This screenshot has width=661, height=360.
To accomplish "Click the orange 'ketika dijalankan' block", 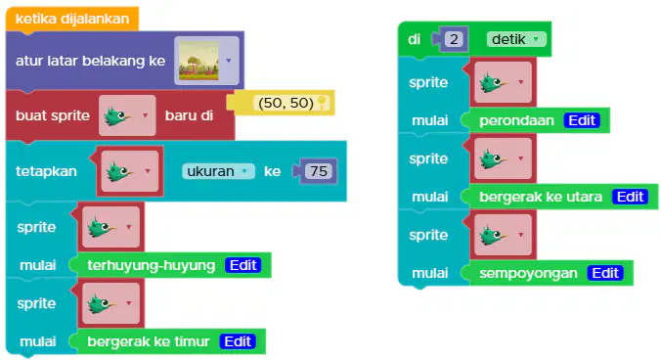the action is point(72,19).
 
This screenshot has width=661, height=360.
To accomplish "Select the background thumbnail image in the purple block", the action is point(198,61).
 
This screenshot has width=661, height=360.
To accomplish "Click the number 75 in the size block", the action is point(318,171).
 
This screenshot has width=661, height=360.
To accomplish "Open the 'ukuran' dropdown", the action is point(218,171).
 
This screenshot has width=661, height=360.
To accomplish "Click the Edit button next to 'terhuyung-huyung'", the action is point(243,265).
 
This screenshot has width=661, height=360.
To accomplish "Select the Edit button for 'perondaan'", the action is point(582,120).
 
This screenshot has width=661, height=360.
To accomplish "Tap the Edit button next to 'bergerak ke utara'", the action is point(631,197).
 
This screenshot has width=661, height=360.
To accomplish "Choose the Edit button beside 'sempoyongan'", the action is point(605,273).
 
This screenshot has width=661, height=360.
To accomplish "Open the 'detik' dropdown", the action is point(516,39).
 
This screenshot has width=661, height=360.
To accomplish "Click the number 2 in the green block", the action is point(454,39).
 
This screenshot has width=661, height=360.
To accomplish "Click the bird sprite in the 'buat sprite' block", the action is point(118,115).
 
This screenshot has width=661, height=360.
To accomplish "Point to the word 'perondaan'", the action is point(516,120).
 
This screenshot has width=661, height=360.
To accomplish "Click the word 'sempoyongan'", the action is point(528,273).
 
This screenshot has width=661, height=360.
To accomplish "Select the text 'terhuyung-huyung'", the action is point(152,265).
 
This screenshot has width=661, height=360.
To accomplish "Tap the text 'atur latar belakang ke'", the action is point(90,61).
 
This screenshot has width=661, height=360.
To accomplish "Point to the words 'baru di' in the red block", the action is point(189,115).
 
